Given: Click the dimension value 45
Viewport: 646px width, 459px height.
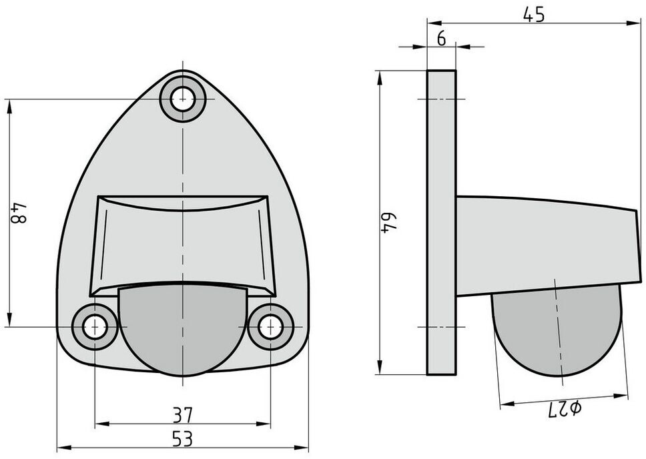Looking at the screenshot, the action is point(534,15).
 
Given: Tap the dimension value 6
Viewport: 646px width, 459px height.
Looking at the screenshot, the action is point(441,39).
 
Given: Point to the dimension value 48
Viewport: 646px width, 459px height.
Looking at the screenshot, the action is point(19,213).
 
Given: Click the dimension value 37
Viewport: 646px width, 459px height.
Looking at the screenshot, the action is point(182,415).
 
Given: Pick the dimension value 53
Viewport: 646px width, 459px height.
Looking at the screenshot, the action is point(182,439).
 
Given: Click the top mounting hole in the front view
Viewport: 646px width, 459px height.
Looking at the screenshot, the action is point(182,99).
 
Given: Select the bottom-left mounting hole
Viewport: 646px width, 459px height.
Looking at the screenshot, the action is point(95,327).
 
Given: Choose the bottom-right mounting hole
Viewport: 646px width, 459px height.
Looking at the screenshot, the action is point(271,327).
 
